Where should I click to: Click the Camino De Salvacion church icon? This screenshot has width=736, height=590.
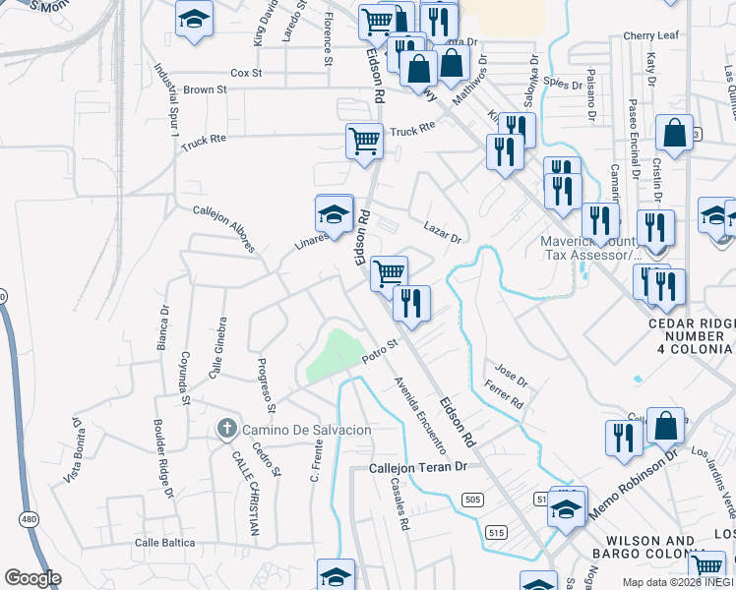point(226,429)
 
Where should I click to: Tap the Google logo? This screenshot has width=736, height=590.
point(32,578)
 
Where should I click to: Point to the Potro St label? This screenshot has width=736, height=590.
point(378,350)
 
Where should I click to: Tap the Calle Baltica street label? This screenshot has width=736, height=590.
point(165,542)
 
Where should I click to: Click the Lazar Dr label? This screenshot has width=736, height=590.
point(443,232)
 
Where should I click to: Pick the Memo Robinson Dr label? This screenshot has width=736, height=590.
point(635,487)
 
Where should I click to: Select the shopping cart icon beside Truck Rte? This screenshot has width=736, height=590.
point(364,141)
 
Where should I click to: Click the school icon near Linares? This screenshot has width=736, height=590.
point(334,214)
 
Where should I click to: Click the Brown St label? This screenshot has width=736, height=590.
point(205,89)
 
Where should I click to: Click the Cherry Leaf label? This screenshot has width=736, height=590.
point(651,35)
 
